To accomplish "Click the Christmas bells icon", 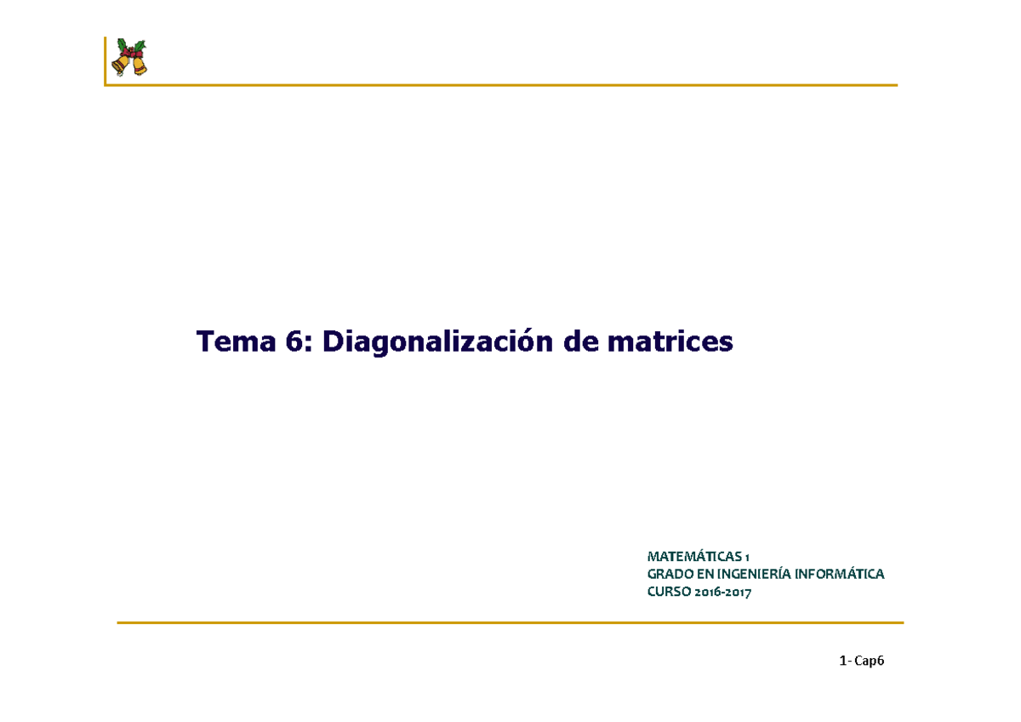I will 131,58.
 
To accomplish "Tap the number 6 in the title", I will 294,342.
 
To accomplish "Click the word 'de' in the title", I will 579,342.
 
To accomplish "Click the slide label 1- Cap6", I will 861,662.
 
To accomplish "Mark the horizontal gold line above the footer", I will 510,623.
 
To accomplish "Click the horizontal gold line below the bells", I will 510,85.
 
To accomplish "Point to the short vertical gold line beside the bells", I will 105,61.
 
